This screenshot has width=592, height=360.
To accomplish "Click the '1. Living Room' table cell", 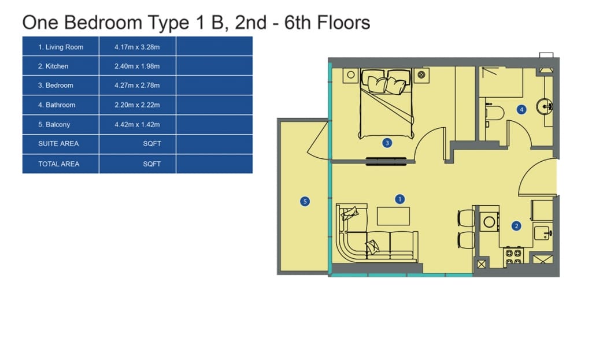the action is tap(60, 47).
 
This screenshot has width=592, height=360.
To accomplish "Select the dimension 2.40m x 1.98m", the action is tap(137, 66).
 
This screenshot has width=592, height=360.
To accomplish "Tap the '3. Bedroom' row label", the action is tap(55, 86).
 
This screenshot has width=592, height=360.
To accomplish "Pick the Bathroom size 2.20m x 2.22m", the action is tap(137, 105).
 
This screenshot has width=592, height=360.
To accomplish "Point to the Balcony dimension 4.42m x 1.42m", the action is tap(137, 125).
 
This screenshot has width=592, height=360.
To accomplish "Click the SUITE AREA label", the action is tap(58, 144).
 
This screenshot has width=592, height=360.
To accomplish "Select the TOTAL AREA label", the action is tap(58, 164).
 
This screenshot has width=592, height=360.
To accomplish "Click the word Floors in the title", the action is tap(343, 23).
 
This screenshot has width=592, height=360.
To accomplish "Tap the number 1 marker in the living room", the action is tap(400, 199).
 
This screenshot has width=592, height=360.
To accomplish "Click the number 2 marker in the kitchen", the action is tap(516, 226).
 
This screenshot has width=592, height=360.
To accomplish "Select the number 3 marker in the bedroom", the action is tap(387, 143).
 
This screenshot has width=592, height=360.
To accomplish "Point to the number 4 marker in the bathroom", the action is tap(521, 110).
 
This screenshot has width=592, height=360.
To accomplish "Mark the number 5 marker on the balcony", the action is tap(305, 202).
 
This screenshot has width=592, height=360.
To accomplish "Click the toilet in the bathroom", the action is tap(495, 113).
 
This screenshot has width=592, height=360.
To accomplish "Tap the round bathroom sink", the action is tap(544, 107).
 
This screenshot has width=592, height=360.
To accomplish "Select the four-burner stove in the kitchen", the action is tap(513, 257).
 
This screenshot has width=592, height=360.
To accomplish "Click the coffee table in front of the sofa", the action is tap(393, 216).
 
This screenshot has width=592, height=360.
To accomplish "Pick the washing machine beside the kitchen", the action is tap(489, 221).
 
